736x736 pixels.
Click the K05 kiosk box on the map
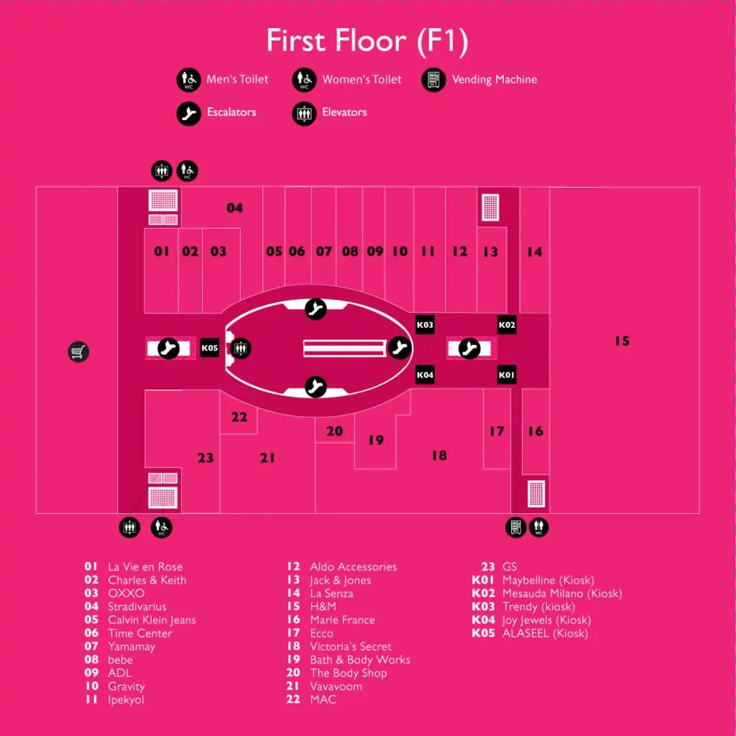click(209, 348)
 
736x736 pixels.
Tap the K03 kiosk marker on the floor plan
click(425, 324)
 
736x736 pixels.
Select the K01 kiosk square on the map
click(507, 374)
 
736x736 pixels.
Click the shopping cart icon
click(78, 351)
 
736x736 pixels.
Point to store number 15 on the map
click(622, 341)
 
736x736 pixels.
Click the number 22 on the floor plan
click(239, 417)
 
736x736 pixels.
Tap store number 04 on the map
click(235, 208)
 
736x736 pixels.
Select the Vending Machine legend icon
click(433, 80)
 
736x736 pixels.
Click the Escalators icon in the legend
click(189, 113)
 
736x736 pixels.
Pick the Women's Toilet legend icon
click(304, 80)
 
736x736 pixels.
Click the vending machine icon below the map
click(515, 527)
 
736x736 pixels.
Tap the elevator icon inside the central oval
click(241, 349)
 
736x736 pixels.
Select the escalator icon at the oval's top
click(316, 309)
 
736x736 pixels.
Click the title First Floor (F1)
click(367, 41)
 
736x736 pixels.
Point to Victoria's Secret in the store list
click(351, 646)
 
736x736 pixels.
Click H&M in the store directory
click(323, 607)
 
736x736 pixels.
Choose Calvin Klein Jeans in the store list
click(152, 620)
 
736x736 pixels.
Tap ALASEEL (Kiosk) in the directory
click(545, 633)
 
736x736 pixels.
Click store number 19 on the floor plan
click(375, 440)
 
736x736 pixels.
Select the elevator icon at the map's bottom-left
click(129, 527)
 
